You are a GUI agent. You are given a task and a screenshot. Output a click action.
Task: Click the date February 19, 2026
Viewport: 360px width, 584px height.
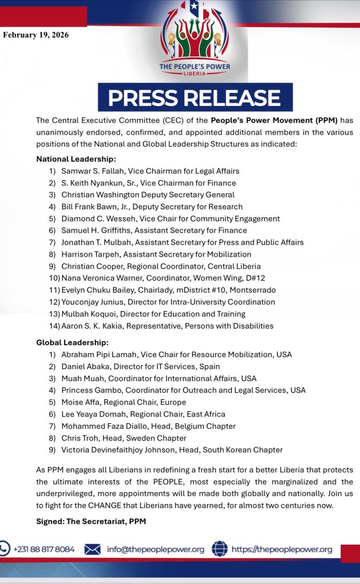[36, 35]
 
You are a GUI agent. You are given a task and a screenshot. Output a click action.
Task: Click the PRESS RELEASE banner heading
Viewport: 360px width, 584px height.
[195, 98]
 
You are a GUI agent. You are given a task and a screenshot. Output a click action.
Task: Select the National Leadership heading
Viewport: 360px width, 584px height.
[76, 159]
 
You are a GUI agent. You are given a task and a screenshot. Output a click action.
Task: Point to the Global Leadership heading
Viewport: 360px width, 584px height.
[72, 342]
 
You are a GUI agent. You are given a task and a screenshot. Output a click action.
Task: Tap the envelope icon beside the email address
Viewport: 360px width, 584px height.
[92, 549]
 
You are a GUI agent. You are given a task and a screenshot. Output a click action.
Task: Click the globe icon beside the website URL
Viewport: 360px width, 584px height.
[220, 549]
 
